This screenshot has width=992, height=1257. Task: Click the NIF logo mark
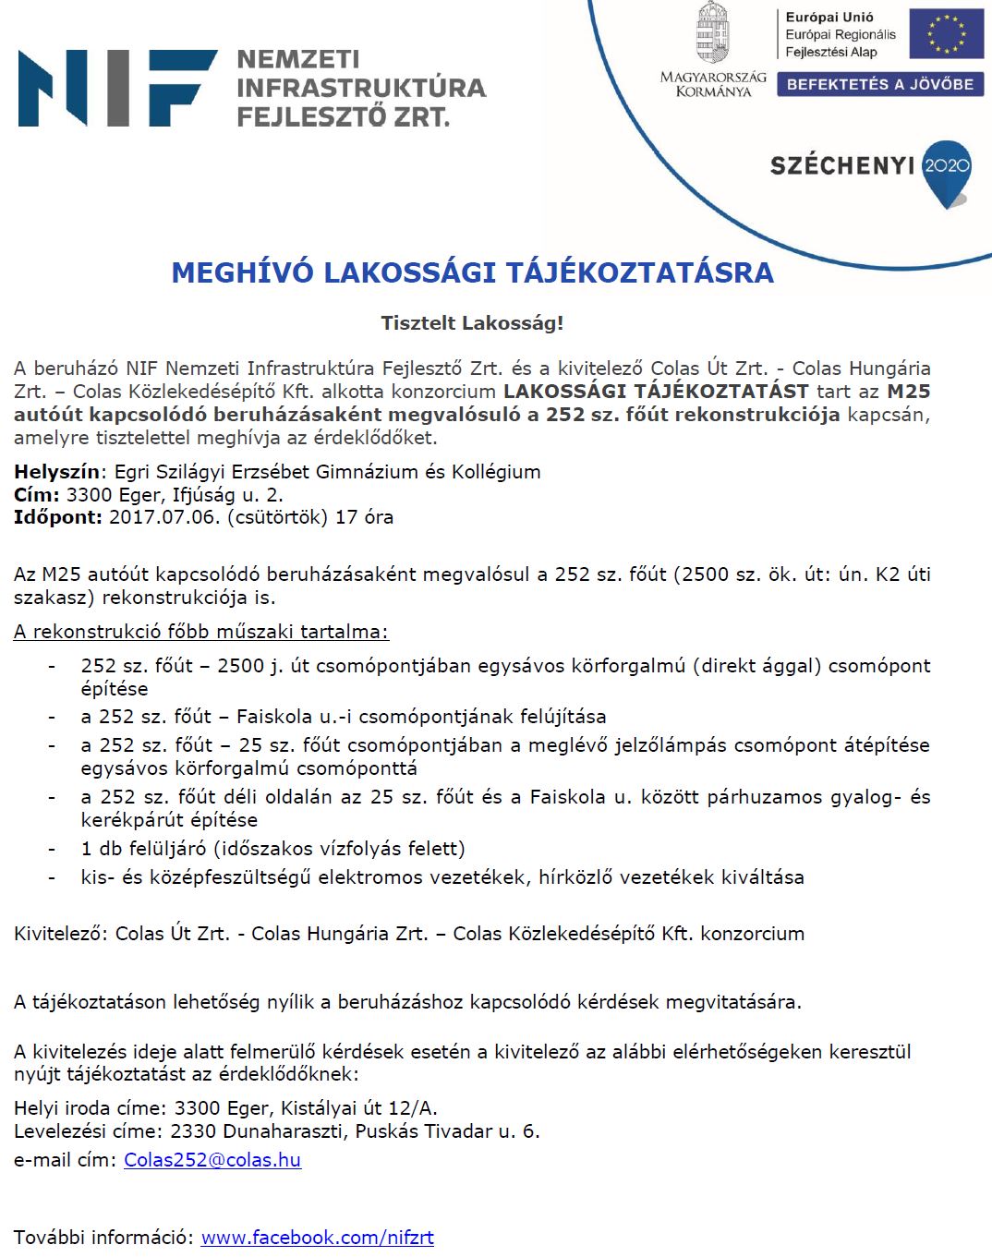pos(117,88)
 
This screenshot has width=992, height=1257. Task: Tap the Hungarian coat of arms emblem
pos(712,32)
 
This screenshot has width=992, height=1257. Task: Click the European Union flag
pos(946,34)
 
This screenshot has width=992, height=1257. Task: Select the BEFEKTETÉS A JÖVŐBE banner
pos(879,84)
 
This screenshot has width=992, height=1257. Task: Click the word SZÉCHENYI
pos(842,166)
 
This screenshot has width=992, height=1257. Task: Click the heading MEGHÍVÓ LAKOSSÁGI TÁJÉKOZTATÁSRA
pos(472,273)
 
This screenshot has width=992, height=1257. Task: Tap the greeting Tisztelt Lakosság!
pos(472,323)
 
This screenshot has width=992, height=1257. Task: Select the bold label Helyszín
pos(56,472)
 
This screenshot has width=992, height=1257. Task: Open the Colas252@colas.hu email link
pos(212,1160)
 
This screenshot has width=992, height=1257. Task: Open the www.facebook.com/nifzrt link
pos(317,1238)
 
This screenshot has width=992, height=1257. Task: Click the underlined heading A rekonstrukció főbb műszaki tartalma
pos(201,632)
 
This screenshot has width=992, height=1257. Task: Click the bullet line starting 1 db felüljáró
pos(272,849)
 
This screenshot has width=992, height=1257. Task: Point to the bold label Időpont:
pos(58,517)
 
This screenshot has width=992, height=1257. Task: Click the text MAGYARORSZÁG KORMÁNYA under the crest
pos(713,84)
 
